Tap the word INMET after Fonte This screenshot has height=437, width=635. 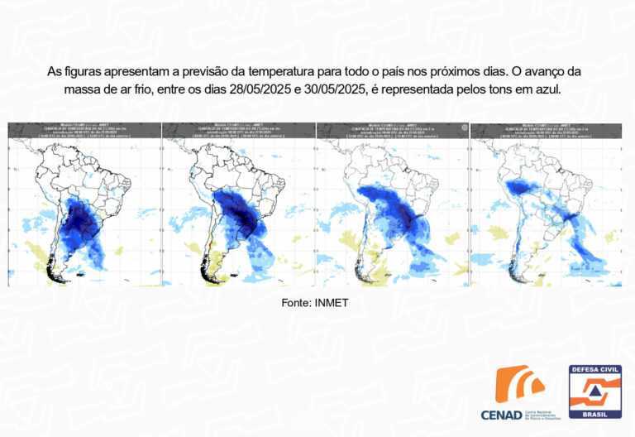click(332, 303)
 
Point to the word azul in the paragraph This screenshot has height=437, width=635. click(545, 89)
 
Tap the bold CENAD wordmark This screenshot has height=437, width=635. click(501, 413)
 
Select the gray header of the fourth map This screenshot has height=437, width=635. click(546, 130)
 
